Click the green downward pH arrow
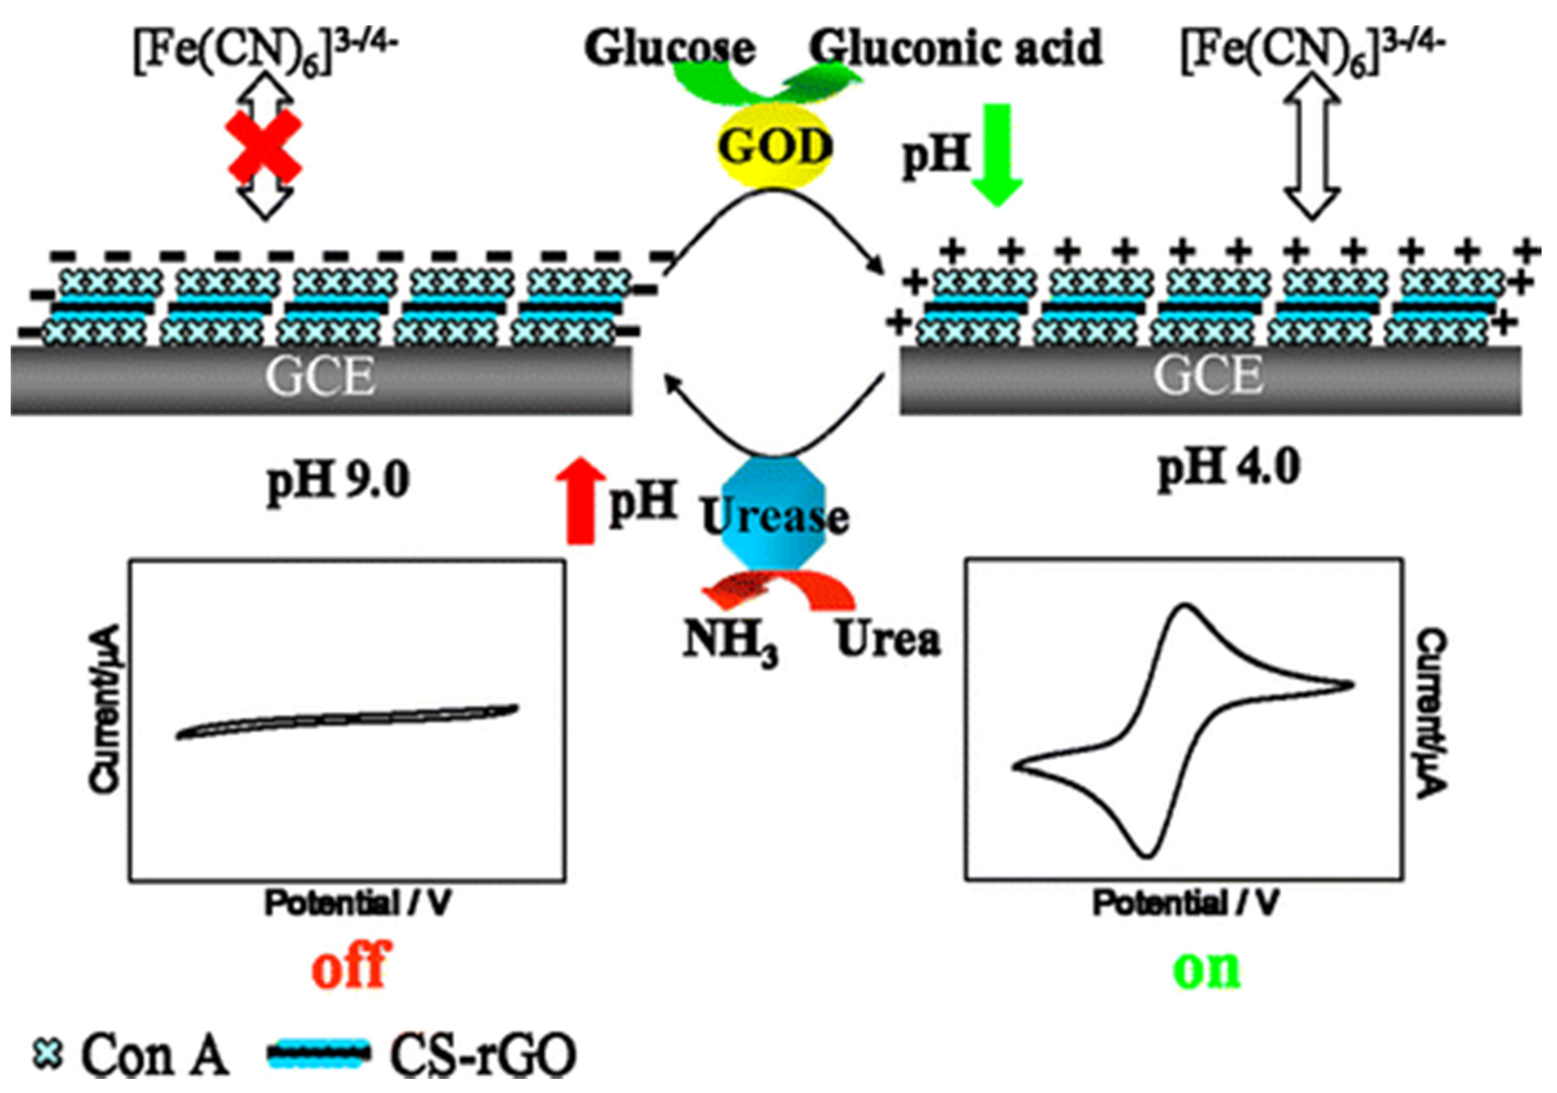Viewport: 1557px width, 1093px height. click(x=996, y=155)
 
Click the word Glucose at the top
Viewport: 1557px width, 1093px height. click(x=670, y=49)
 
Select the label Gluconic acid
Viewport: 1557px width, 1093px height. click(x=956, y=49)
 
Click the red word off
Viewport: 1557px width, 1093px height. click(x=351, y=965)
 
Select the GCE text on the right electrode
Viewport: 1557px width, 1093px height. click(x=1209, y=375)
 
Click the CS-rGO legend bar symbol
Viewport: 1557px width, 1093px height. click(x=319, y=1054)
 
